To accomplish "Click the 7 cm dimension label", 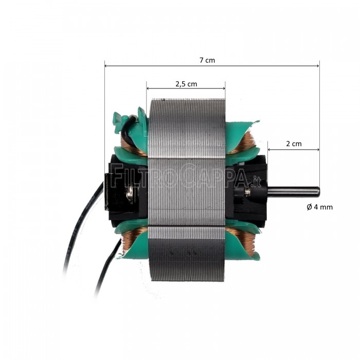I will [x=207, y=60].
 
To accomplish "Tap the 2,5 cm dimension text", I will [x=186, y=83].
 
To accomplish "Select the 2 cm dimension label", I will [x=293, y=144].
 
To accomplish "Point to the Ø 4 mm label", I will [x=319, y=207].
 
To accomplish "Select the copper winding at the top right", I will [x=246, y=142].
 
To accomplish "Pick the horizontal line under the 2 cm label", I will [x=293, y=150].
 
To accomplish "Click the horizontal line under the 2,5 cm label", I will [x=186, y=88].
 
